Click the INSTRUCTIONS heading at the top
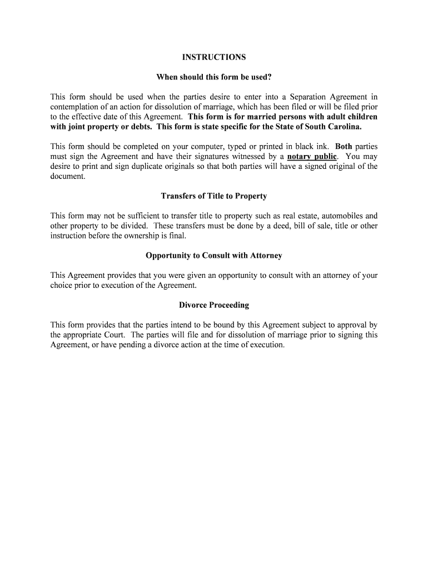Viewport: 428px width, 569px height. pyautogui.click(x=214, y=57)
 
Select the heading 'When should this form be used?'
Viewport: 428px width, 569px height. pyautogui.click(x=214, y=77)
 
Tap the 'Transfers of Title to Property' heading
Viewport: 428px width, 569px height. pyautogui.click(x=214, y=196)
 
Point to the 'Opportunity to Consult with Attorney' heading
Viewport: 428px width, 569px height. pyautogui.click(x=214, y=256)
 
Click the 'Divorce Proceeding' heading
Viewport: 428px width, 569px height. pyautogui.click(x=214, y=305)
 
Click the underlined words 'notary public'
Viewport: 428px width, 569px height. pyautogui.click(x=312, y=157)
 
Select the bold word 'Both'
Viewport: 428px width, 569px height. pyautogui.click(x=344, y=147)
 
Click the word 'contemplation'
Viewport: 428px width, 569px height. pyautogui.click(x=74, y=107)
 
